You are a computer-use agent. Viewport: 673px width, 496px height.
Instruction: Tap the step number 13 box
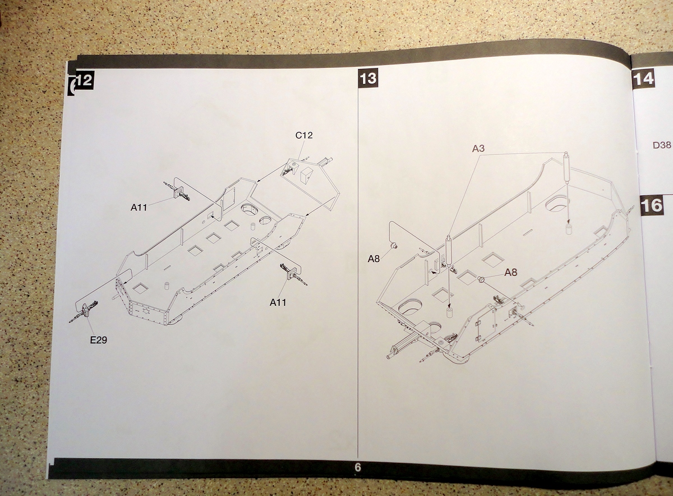(x=368, y=78)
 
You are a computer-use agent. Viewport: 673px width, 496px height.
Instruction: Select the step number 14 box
(x=643, y=78)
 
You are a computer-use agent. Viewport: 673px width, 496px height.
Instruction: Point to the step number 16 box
(x=652, y=205)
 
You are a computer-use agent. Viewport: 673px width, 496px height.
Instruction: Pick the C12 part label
(x=303, y=135)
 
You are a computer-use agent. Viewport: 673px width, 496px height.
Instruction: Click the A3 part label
(x=478, y=148)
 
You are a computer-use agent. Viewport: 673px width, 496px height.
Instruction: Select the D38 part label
(x=662, y=145)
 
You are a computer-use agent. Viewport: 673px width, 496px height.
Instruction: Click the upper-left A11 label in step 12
(x=139, y=207)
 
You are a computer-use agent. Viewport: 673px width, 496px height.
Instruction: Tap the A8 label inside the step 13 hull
(x=511, y=273)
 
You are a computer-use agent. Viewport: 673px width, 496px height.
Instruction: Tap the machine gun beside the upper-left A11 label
(x=179, y=191)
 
